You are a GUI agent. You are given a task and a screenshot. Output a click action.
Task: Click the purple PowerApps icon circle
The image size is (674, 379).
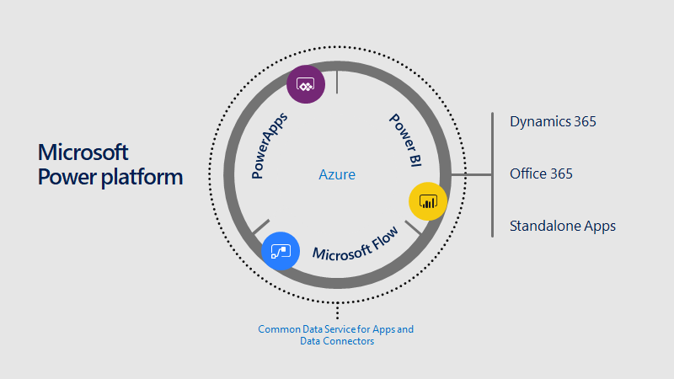305,84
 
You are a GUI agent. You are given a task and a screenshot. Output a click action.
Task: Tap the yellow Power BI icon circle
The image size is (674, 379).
427,201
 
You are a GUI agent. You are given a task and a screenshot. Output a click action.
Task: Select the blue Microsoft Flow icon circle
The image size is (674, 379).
281,251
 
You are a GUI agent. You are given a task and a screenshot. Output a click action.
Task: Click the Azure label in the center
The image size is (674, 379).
336,175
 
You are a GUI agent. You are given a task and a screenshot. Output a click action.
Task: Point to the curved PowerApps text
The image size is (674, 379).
270,144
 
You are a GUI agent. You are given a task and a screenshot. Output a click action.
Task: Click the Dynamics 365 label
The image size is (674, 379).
553,121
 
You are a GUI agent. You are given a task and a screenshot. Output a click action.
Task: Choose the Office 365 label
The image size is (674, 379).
541,173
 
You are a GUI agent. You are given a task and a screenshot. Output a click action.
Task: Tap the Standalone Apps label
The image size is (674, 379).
562,226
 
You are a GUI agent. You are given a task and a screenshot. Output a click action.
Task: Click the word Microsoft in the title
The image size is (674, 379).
83,152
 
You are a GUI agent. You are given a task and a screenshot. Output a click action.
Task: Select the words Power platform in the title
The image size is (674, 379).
110,178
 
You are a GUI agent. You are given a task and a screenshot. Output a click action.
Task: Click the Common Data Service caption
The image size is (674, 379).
335,329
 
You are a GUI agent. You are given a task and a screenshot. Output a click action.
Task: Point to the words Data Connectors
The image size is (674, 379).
336,341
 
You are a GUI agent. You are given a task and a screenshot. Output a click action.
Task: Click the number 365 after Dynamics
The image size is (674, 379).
580,121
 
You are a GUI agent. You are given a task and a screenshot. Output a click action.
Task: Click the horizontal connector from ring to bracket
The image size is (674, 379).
472,175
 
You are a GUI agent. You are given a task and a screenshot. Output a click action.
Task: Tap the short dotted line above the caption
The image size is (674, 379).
337,311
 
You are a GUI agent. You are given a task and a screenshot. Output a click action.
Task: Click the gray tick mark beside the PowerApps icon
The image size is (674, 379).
336,82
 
